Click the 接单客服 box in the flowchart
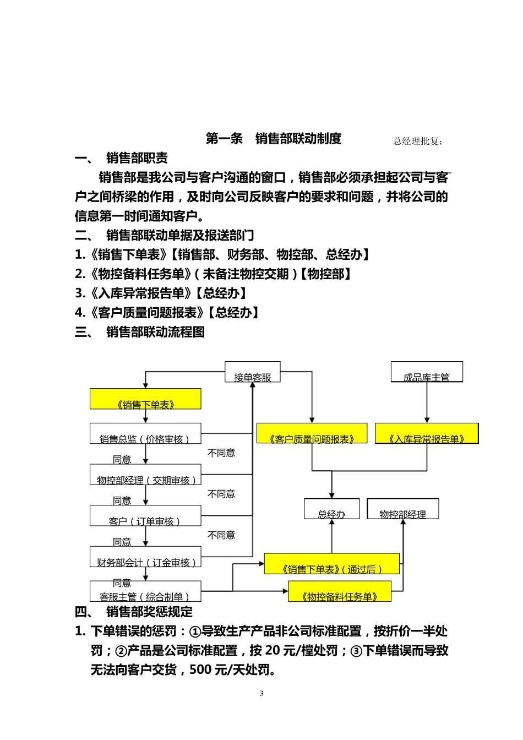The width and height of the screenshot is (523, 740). click(253, 372)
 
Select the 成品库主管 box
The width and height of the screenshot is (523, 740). click(427, 372)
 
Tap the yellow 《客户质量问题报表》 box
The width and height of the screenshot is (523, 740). click(312, 433)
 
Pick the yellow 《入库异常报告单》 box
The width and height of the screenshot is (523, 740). click(427, 433)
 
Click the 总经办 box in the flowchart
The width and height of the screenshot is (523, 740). click(331, 509)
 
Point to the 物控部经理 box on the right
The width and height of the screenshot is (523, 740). click(402, 509)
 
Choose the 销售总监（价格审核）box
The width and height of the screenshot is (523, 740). click(145, 434)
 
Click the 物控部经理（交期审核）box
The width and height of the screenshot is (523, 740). click(145, 475)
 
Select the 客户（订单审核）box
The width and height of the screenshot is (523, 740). click(145, 516)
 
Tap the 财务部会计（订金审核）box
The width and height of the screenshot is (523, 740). click(145, 557)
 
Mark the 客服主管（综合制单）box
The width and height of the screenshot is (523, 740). click(145, 591)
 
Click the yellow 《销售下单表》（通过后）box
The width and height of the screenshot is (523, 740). click(331, 564)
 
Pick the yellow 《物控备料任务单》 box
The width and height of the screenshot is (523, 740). click(340, 591)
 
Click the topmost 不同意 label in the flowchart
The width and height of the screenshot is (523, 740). click(221, 453)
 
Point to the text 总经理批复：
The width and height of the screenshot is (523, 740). click(418, 142)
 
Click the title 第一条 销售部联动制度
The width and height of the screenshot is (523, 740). click(274, 139)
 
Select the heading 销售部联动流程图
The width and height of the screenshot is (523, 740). click(155, 332)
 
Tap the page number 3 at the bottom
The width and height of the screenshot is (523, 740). click(261, 694)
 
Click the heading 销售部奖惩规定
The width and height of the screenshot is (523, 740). click(149, 612)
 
